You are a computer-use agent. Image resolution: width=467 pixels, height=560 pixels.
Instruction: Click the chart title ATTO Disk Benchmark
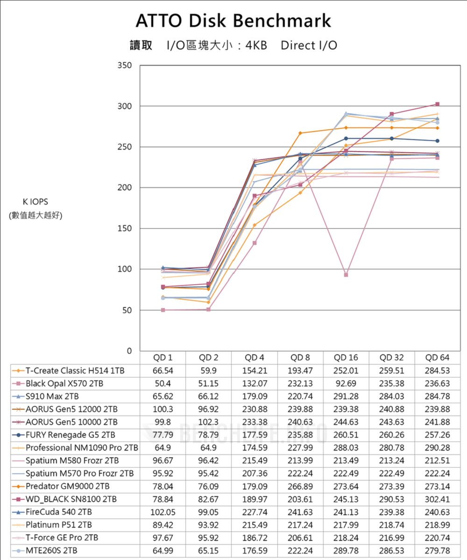pos(233,21)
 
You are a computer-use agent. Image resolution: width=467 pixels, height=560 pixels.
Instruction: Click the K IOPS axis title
pos(35,202)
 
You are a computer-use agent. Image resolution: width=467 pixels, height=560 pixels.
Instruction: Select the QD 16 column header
pos(346,358)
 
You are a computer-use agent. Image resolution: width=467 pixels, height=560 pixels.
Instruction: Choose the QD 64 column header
pos(438,358)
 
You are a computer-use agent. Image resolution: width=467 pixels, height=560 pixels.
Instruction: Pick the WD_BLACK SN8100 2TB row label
pos(71,499)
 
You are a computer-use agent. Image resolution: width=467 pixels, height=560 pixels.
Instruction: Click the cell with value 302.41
pos(438,499)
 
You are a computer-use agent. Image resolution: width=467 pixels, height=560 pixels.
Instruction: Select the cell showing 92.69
pos(346,384)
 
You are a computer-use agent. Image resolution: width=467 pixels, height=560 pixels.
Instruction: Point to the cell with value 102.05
pos(163,512)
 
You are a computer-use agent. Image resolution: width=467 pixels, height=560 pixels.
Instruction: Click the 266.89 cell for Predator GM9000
pos(300,486)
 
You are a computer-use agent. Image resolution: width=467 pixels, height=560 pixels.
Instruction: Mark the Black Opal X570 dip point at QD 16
pos(346,275)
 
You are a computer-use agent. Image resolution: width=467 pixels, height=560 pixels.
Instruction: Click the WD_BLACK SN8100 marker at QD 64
pos(438,104)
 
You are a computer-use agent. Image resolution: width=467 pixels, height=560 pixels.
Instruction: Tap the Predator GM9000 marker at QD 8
pos(300,133)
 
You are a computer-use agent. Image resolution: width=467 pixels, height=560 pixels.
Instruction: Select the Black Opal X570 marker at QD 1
pos(163,310)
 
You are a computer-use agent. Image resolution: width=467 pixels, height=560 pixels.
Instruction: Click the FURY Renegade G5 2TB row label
pos(71,435)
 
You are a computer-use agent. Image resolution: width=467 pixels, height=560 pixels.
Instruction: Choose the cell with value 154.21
pos(255,371)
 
